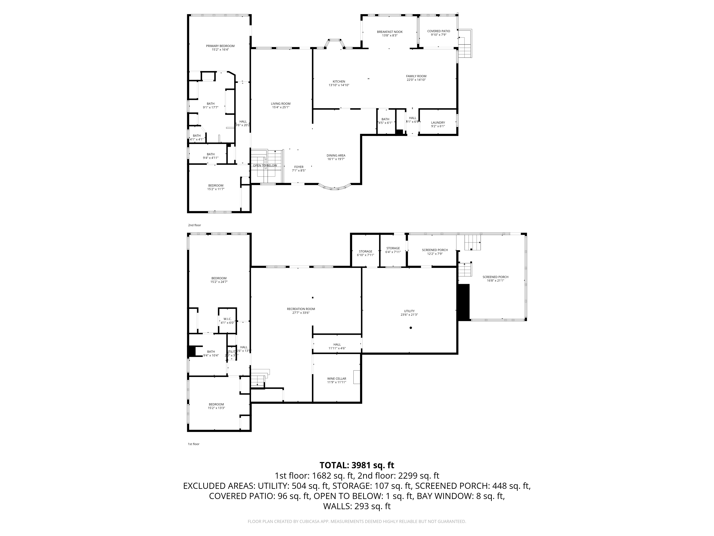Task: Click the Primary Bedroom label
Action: pos(220,46)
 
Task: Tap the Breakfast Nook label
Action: pos(390,32)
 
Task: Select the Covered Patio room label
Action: pos(438,31)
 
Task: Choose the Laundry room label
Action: pos(438,122)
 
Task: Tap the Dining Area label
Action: pos(336,155)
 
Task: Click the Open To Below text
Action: pos(265,165)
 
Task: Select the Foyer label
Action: pos(299,167)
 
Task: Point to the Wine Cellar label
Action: pos(336,378)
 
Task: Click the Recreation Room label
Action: pos(301,309)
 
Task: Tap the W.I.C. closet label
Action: pos(227,319)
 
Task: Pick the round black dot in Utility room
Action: pos(411,328)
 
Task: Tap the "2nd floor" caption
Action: pos(194,225)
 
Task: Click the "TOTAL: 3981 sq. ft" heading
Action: pos(357,465)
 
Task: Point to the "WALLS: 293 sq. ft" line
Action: pos(357,506)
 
